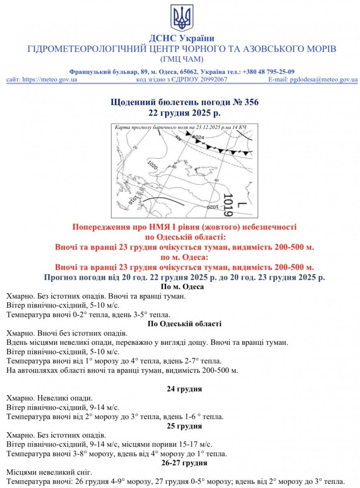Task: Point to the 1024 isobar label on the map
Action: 198,137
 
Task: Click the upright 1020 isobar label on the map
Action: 152,166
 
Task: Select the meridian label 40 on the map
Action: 216,180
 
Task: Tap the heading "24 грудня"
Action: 184,389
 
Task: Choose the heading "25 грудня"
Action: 184,426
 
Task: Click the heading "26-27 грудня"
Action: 184,463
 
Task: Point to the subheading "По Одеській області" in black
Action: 184,324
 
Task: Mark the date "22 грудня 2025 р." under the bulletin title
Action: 184,112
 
